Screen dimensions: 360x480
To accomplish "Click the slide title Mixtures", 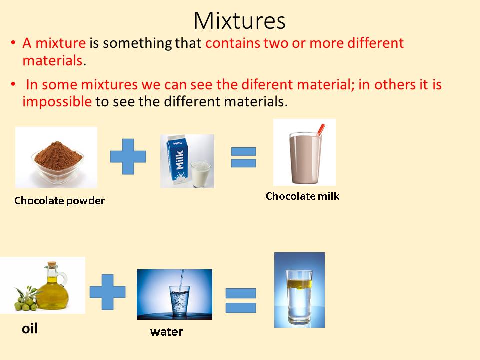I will tap(239, 21).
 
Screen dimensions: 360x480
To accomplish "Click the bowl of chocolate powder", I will tap(56, 158).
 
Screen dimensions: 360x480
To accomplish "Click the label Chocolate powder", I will tap(60, 201).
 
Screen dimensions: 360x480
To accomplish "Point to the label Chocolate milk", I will tap(302, 196).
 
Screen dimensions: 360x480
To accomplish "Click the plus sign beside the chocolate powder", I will tap(128, 156).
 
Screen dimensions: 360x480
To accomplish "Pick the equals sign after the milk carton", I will tap(243, 157).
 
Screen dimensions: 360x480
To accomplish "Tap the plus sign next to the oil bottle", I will tap(107, 292).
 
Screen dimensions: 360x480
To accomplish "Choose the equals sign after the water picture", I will tap(240, 300).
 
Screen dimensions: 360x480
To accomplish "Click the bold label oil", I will tap(30, 329).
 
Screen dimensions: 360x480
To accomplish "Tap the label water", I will tap(167, 331).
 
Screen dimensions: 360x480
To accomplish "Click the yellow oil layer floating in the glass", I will tap(299, 284).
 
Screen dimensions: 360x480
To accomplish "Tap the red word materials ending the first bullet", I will tap(52, 60).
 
